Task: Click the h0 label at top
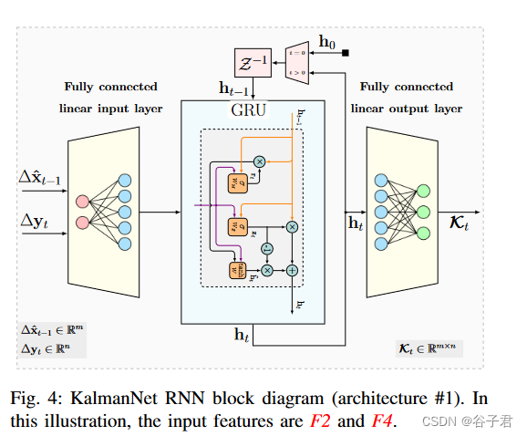point(326,41)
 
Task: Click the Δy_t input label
point(36,220)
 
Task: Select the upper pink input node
point(82,201)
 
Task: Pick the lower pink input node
point(82,223)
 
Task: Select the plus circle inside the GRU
point(292,270)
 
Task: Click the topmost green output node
point(423,192)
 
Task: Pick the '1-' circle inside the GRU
point(266,248)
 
